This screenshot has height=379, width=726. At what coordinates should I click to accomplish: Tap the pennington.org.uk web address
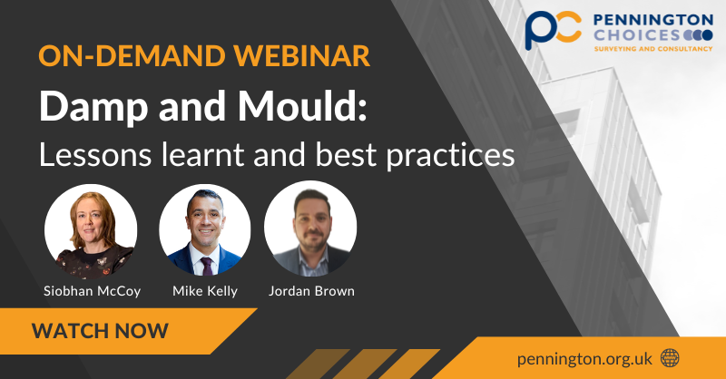pos(584,357)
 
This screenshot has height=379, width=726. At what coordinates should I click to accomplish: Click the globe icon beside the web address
pos(670,357)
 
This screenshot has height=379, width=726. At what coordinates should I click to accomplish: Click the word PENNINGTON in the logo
pos(653,19)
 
